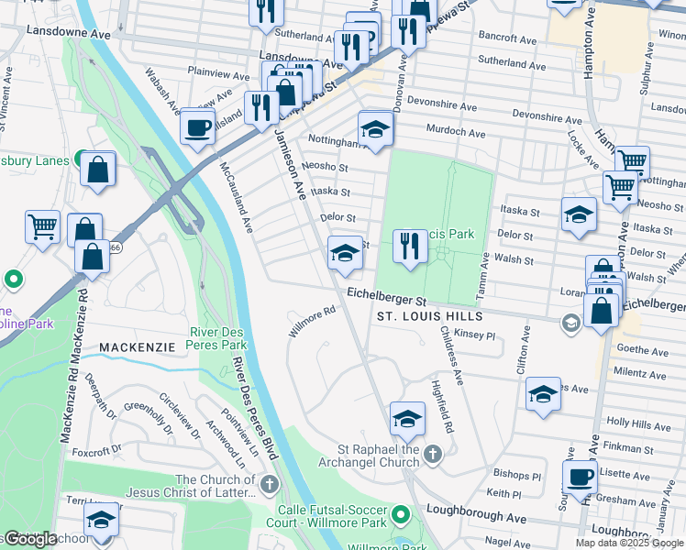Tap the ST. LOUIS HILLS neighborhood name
(431, 316)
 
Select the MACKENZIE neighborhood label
(137, 347)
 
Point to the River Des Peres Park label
(218, 337)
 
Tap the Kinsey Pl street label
(474, 335)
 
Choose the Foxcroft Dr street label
(97, 451)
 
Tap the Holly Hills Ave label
(637, 423)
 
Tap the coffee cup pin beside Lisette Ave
(580, 477)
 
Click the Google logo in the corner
(29, 539)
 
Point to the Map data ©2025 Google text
(629, 543)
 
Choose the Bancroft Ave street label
(506, 39)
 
